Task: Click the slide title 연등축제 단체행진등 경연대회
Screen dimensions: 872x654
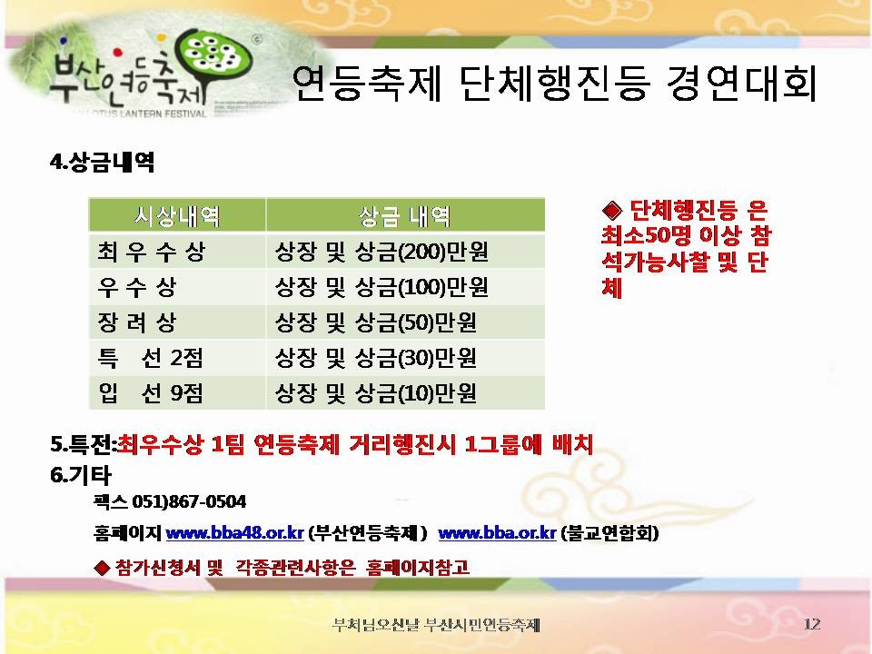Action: [x=554, y=84]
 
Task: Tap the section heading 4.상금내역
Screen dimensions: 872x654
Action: [x=103, y=162]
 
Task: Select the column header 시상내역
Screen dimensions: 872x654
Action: [x=177, y=215]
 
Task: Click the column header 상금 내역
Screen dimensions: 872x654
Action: [x=405, y=216]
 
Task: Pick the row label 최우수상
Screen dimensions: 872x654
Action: [x=152, y=252]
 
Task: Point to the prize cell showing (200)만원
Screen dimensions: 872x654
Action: [x=381, y=252]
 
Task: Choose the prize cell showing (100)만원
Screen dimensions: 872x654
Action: [x=381, y=287]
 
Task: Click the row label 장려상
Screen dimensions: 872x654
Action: [x=137, y=322]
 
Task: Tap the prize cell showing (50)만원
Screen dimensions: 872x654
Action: [x=375, y=322]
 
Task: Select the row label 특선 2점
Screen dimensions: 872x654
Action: [x=150, y=358]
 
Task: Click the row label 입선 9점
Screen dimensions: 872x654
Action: [x=150, y=392]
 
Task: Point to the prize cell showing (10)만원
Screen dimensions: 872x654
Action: [x=375, y=392]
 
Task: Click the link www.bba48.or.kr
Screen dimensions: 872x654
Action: [x=234, y=533]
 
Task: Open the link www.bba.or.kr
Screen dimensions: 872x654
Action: [x=497, y=533]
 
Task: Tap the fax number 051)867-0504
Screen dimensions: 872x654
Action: [x=189, y=501]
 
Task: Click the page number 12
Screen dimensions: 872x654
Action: [x=812, y=624]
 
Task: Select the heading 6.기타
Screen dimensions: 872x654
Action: [x=81, y=474]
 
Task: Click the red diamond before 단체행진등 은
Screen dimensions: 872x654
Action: [x=612, y=210]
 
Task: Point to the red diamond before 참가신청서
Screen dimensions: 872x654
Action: [x=103, y=567]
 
